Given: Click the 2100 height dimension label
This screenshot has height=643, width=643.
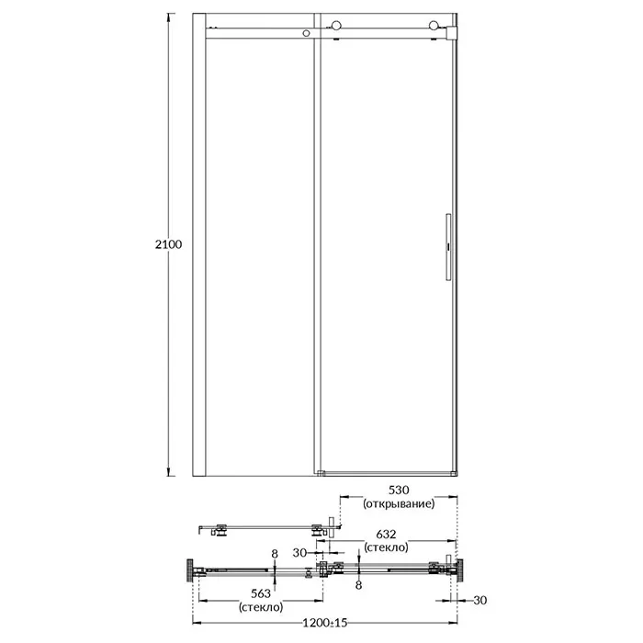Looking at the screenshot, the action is point(168,244).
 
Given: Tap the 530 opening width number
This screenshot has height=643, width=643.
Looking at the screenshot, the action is point(399,490).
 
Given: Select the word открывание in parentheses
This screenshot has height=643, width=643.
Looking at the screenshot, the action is point(399,503).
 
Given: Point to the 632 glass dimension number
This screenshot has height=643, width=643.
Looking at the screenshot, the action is point(386,534).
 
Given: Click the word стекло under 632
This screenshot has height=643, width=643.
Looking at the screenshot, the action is point(386,547).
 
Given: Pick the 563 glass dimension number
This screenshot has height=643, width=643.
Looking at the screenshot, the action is point(261,593).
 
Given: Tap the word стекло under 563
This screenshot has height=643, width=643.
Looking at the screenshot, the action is point(261,606).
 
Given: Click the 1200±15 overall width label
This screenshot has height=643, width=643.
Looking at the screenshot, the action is point(325,623).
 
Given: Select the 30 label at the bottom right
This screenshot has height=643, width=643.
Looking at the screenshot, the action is point(479,601).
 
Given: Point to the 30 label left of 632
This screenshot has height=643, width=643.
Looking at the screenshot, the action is point(299,553).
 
